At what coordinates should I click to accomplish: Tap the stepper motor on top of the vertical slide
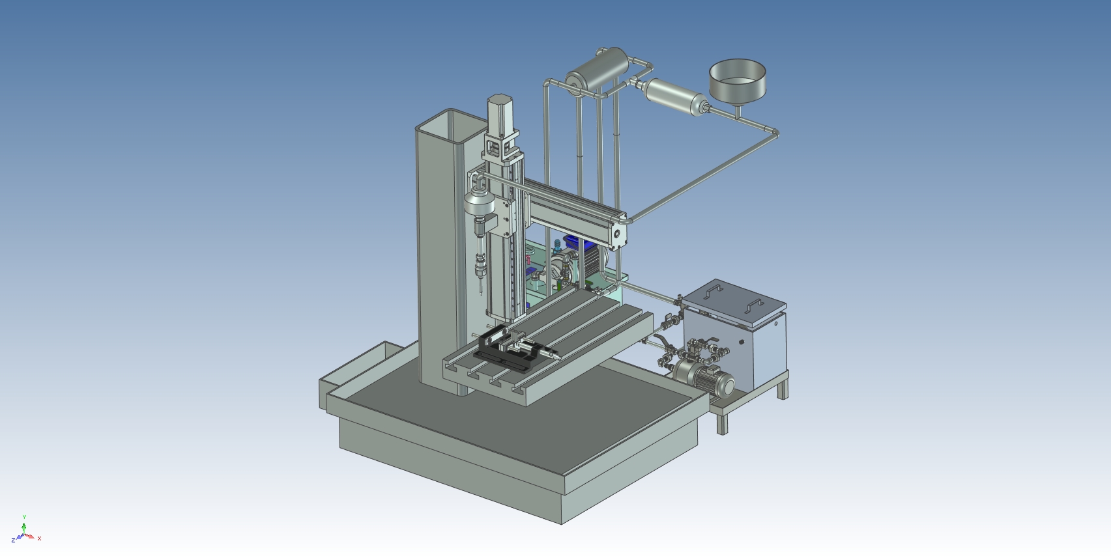pyautogui.click(x=500, y=113)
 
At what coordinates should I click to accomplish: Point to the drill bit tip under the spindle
pyautogui.click(x=481, y=294)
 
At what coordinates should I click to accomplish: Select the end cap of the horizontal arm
pyautogui.click(x=618, y=233)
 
